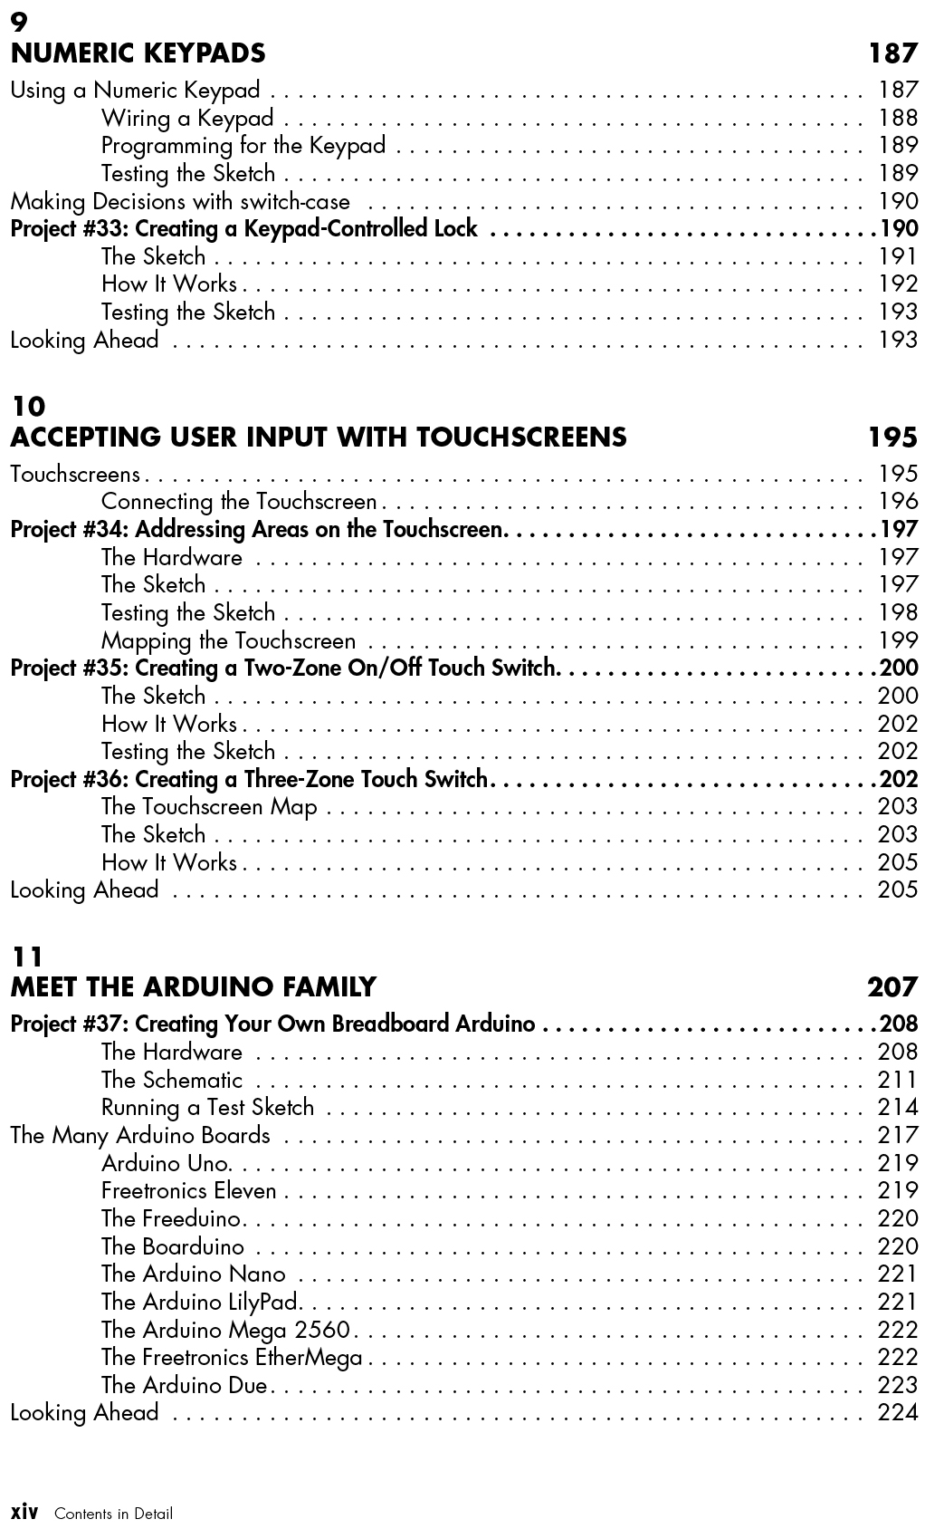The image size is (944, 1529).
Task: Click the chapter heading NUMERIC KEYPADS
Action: (138, 53)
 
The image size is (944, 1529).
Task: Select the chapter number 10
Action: (27, 406)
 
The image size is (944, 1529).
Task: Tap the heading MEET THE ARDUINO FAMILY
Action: (193, 986)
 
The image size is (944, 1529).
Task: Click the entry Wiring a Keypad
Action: (187, 118)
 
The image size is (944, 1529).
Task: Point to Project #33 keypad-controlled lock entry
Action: (243, 228)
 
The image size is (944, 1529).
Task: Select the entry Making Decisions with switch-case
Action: (180, 201)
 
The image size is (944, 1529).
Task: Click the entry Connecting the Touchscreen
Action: (239, 502)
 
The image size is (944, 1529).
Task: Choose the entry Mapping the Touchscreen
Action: (228, 640)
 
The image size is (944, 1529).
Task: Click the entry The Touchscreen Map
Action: (209, 806)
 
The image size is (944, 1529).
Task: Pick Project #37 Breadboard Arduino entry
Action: (272, 1024)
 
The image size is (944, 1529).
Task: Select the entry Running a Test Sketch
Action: (207, 1107)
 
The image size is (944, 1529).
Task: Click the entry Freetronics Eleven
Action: (188, 1190)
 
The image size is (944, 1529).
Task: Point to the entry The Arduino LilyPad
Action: (200, 1302)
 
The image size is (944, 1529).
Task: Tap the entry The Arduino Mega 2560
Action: (225, 1330)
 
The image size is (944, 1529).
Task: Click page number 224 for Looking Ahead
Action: (897, 1412)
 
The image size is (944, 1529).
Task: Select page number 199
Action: (898, 640)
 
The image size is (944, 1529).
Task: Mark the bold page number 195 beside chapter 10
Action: (892, 438)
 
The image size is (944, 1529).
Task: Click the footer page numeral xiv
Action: (24, 1512)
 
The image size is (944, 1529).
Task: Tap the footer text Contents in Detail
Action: (113, 1514)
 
